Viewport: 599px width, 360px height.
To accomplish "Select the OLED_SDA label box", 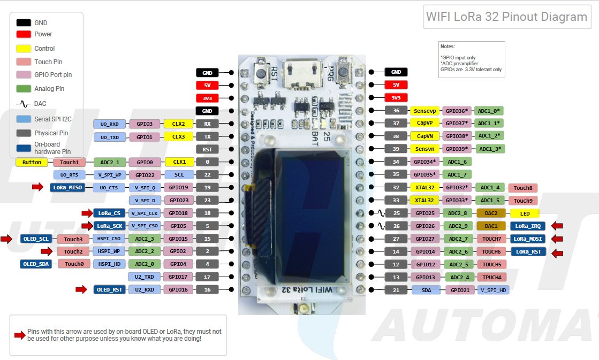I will click(x=36, y=264).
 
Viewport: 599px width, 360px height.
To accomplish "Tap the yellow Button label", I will click(x=32, y=162).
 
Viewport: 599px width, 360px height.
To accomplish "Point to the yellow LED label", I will click(x=525, y=213).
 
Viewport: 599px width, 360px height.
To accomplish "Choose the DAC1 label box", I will click(x=491, y=226).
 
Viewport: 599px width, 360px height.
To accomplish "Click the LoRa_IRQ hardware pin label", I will click(x=528, y=226).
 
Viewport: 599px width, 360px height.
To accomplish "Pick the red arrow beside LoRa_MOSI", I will click(x=557, y=239).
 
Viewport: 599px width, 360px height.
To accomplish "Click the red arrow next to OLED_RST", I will click(x=81, y=289).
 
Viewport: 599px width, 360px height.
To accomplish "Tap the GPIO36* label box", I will click(x=457, y=111).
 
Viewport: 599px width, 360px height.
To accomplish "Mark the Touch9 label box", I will click(x=523, y=201).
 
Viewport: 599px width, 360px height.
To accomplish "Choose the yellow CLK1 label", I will click(x=178, y=162).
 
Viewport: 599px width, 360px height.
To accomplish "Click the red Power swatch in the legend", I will click(x=24, y=34).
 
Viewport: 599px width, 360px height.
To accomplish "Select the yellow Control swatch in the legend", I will click(x=24, y=48).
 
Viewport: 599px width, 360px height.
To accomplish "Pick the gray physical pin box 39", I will click(x=396, y=149).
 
